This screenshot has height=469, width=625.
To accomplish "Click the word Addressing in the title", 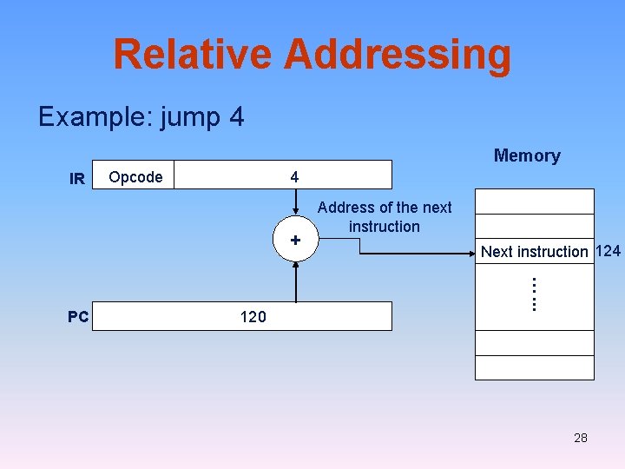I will click(x=398, y=54).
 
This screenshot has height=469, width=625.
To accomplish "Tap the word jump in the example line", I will click(x=185, y=116).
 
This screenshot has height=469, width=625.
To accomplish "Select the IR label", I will click(x=77, y=179).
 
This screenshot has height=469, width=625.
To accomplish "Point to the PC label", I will click(x=78, y=317).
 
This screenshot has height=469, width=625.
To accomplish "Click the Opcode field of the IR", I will click(x=136, y=177).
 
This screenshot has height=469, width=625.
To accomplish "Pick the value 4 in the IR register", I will click(x=295, y=177).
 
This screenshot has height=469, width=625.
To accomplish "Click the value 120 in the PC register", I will click(x=253, y=317).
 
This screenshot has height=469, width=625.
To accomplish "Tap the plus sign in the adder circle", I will click(x=295, y=240).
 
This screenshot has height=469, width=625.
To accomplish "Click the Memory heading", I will click(x=527, y=156).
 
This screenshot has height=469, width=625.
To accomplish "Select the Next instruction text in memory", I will click(x=534, y=252).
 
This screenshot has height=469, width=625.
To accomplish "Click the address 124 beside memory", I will click(x=609, y=251).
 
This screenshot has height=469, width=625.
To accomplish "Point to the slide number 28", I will click(x=581, y=438).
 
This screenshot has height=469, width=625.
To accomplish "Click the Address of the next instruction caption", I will click(x=385, y=217).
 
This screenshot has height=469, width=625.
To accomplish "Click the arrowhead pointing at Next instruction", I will click(x=470, y=254).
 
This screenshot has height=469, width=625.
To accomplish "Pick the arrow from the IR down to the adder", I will click(x=295, y=206).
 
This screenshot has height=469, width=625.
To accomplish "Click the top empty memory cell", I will click(x=534, y=201).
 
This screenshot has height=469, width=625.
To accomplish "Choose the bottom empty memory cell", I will click(x=534, y=367).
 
